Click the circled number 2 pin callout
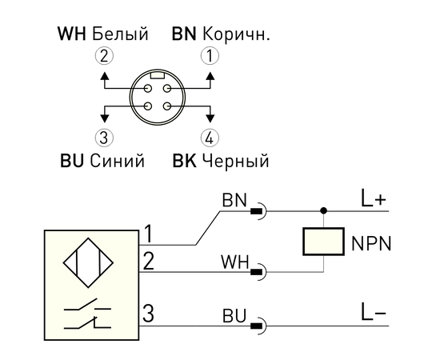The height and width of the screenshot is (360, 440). tap(104, 56)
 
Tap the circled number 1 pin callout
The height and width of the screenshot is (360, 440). tap(210, 56)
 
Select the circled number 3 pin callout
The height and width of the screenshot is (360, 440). tap(104, 138)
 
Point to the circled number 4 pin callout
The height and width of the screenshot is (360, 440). tap(210, 138)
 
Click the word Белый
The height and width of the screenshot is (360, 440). tap(120, 34)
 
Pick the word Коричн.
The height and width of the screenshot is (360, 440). tap(236, 34)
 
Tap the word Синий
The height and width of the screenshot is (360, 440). tap(118, 161)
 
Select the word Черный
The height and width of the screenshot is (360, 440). tap(235, 161)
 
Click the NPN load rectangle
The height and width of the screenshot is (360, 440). tap(323, 242)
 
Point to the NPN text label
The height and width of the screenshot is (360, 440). tap(371, 244)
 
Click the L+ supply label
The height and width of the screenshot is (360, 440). tap(374, 199)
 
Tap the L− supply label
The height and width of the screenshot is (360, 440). tap(374, 313)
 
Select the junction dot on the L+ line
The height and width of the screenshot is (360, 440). tap(324, 210)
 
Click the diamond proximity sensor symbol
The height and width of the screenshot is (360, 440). tap(88, 262)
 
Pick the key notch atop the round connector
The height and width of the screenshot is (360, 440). tap(158, 75)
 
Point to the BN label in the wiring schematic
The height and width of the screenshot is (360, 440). tap(234, 200)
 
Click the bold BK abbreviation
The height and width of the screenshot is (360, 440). tap(184, 161)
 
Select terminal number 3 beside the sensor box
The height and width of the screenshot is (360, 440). tap(149, 313)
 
